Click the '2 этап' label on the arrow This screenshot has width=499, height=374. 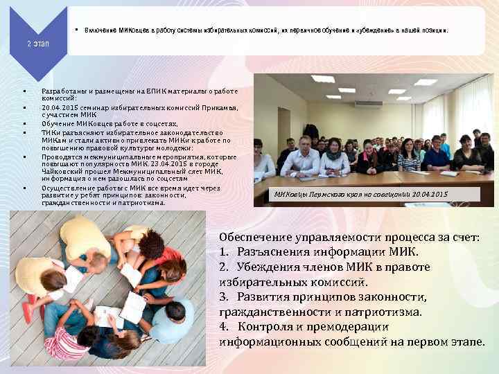38,43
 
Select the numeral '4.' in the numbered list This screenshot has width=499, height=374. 224,327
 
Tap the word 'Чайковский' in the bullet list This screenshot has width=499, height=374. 63,171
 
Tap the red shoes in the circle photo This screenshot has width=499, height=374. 28,309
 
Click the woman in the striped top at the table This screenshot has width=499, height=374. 408,156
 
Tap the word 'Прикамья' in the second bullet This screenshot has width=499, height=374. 221,107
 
